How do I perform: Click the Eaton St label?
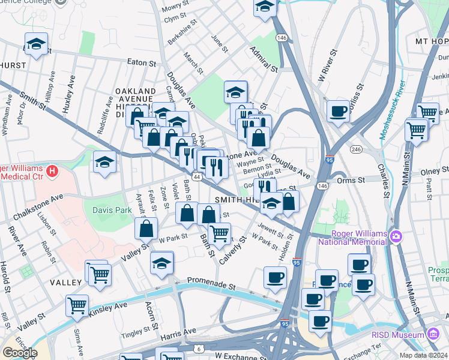(141, 62)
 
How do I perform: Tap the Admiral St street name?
(264, 61)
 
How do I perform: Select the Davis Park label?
(107, 209)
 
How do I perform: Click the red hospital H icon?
(52, 172)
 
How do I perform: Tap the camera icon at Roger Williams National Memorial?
(396, 236)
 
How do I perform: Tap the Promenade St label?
(210, 280)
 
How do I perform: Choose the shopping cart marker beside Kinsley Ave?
(77, 306)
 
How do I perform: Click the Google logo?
(20, 352)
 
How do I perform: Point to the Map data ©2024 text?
(423, 355)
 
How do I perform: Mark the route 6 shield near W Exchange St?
(199, 349)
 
